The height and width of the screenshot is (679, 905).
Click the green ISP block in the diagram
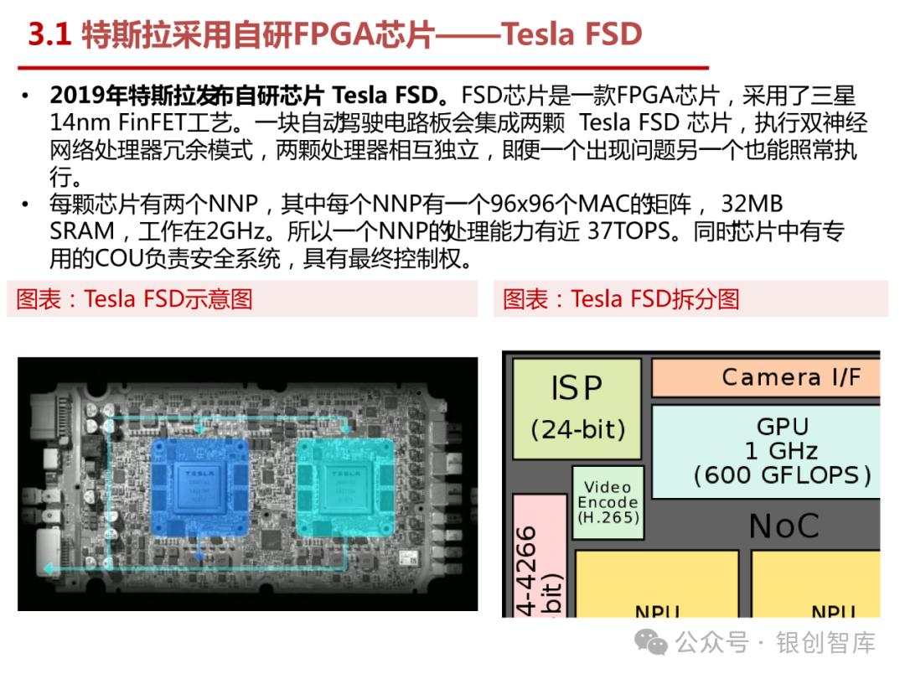[577, 408]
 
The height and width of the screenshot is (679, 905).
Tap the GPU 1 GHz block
[782, 450]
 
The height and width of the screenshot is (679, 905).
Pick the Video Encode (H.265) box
[608, 502]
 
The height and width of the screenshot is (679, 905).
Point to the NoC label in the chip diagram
[783, 526]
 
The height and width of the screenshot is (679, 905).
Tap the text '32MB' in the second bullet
[751, 205]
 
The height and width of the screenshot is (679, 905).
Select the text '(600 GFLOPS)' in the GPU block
[782, 475]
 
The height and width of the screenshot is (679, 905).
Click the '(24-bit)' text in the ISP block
[578, 429]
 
